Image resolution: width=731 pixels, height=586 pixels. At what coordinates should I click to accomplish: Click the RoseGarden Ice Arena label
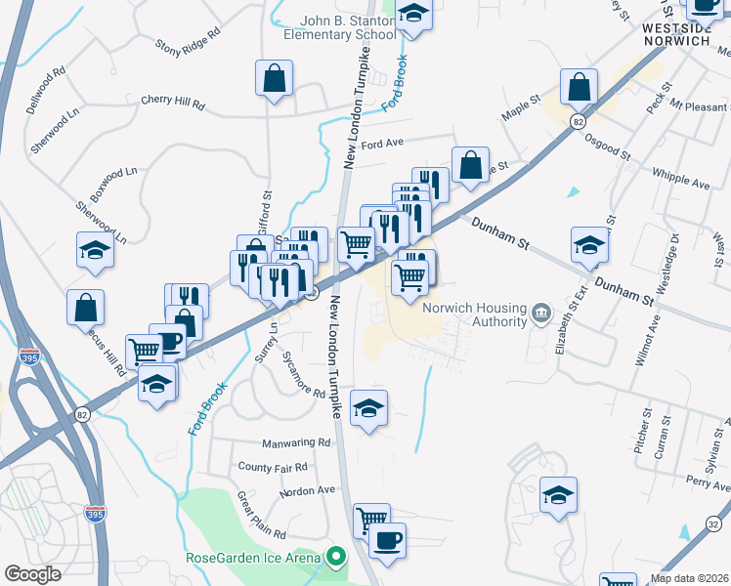254,559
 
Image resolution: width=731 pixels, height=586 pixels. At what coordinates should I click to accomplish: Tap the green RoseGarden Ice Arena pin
336,559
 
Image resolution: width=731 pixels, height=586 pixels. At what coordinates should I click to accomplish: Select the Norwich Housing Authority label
473,313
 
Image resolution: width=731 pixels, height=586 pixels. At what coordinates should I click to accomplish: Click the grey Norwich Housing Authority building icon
539,313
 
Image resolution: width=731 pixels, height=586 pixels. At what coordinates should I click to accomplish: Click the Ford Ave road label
382,144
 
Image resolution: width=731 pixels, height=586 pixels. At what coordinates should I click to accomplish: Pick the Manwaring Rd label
271,442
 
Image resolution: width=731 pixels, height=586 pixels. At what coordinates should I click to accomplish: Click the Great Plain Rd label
261,515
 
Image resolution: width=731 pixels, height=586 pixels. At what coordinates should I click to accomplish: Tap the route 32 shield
711,525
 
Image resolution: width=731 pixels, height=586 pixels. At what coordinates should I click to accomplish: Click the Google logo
32,573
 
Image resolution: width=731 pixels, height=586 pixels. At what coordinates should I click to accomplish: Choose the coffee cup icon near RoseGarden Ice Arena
386,540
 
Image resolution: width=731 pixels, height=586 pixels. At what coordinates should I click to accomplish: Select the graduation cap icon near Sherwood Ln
95,251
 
